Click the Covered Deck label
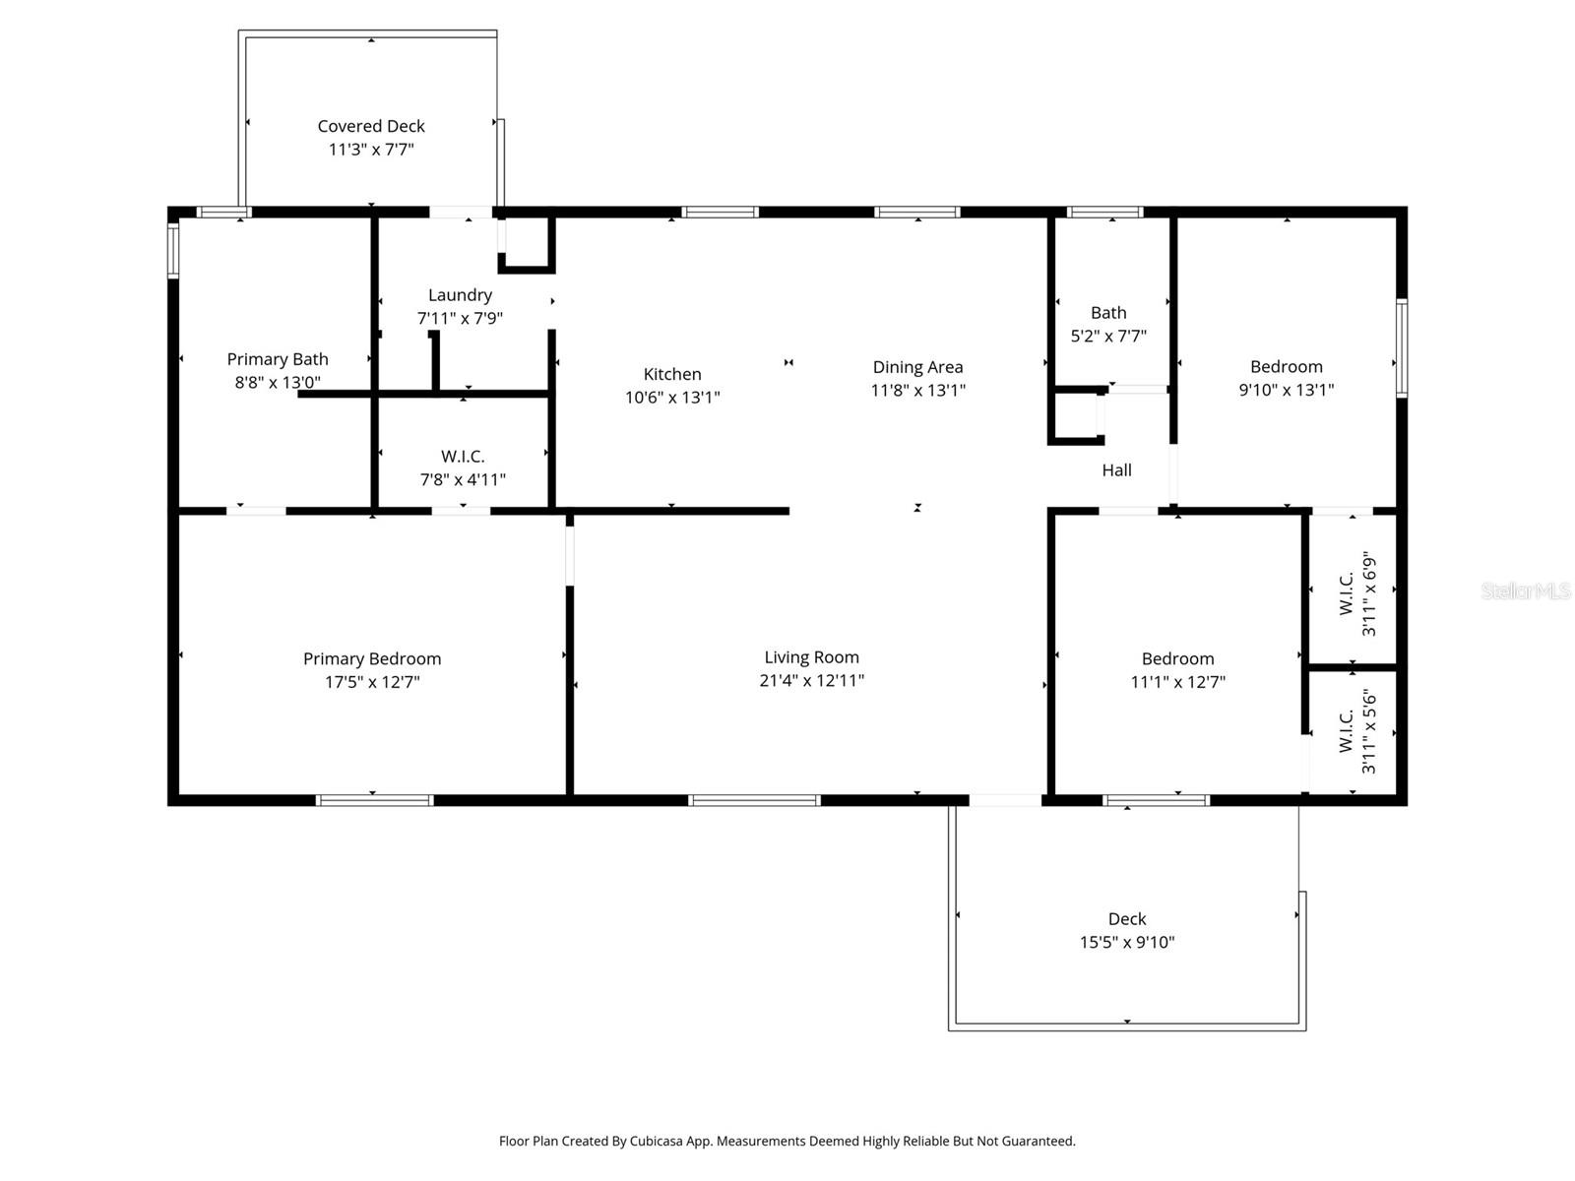pyautogui.click(x=371, y=126)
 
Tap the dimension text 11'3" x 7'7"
pyautogui.click(x=371, y=150)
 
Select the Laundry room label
pyautogui.click(x=460, y=295)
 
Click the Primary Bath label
pyautogui.click(x=278, y=359)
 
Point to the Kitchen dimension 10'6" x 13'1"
pyautogui.click(x=672, y=398)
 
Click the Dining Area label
pyautogui.click(x=917, y=367)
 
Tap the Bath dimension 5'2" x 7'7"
pyautogui.click(x=1108, y=336)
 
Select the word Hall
pyautogui.click(x=1116, y=470)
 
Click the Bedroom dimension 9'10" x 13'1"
pyautogui.click(x=1286, y=390)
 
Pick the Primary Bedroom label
pyautogui.click(x=372, y=658)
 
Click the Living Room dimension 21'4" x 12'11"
pyautogui.click(x=811, y=680)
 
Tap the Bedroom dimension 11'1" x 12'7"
pyautogui.click(x=1177, y=682)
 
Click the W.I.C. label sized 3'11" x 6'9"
pyautogui.click(x=1347, y=593)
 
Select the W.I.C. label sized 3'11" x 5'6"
pyautogui.click(x=1347, y=731)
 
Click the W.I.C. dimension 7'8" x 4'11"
pyautogui.click(x=463, y=479)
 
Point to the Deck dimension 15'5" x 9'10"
pyautogui.click(x=1126, y=942)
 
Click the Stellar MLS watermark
pyautogui.click(x=1525, y=590)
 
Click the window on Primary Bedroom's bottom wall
pyautogui.click(x=374, y=800)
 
